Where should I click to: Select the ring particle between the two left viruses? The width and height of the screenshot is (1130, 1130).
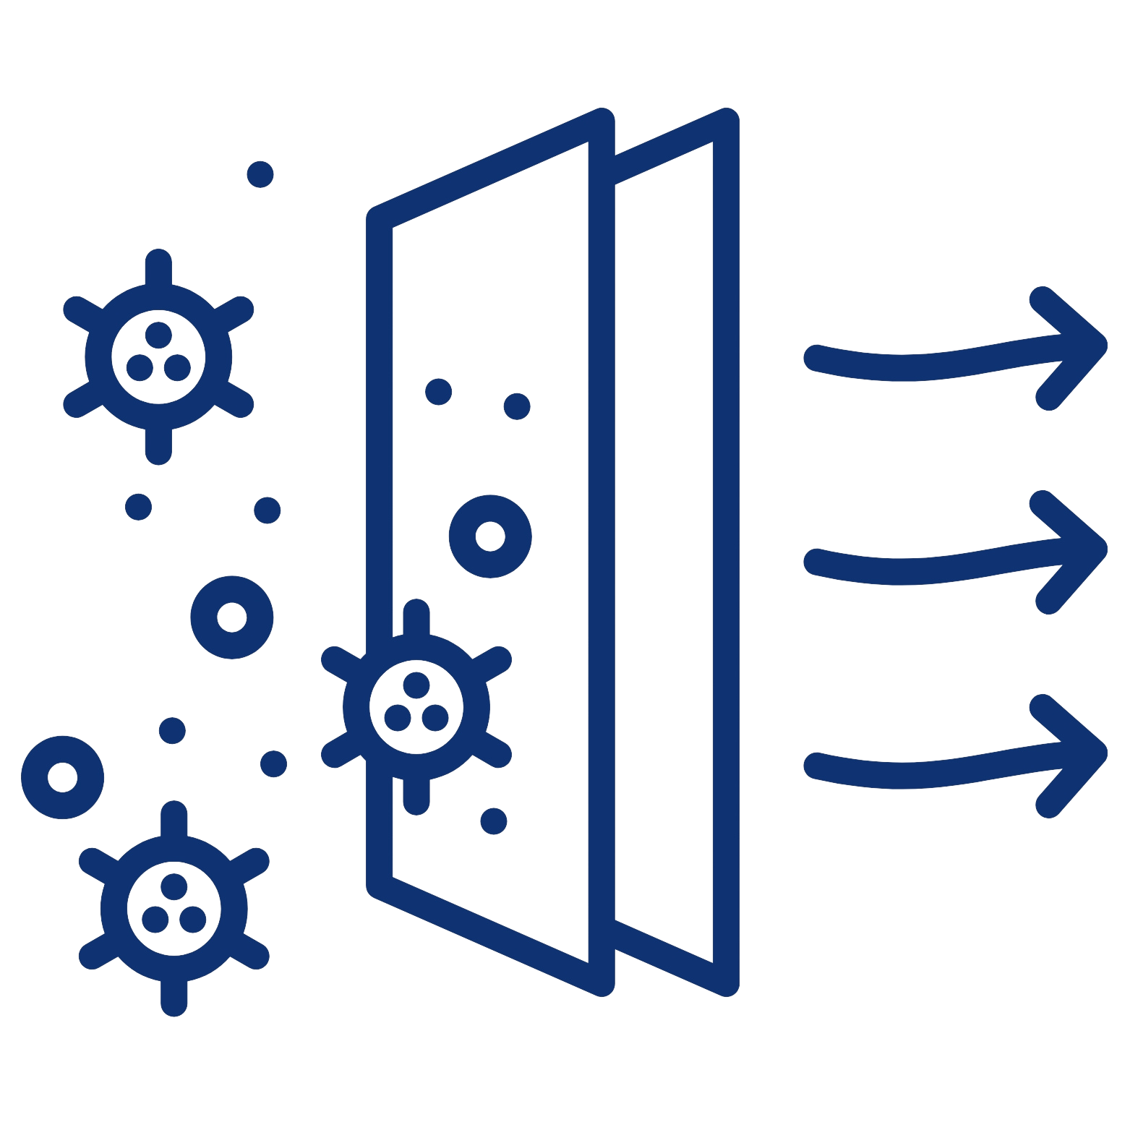[231, 617]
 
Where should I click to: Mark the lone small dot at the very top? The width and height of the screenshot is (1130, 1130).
[260, 174]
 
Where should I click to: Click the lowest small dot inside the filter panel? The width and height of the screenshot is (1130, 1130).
[494, 821]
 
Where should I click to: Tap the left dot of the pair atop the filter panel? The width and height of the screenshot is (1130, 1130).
[438, 391]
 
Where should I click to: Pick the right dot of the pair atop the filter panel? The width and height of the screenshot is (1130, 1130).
[516, 406]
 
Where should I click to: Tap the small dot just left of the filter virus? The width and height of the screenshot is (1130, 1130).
[273, 763]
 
